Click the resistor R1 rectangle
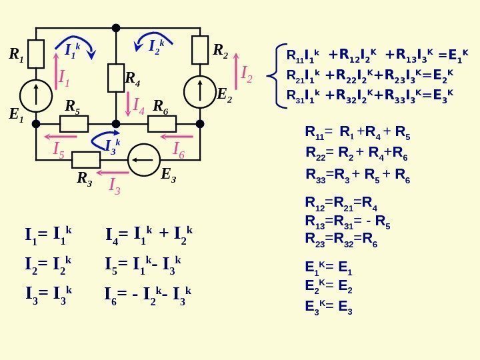coord(36,54)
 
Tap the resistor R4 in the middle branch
coord(116,78)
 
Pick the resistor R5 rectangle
coord(74,124)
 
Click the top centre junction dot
coord(116,28)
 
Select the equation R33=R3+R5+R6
coord(357,175)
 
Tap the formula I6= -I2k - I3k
coord(149,293)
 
